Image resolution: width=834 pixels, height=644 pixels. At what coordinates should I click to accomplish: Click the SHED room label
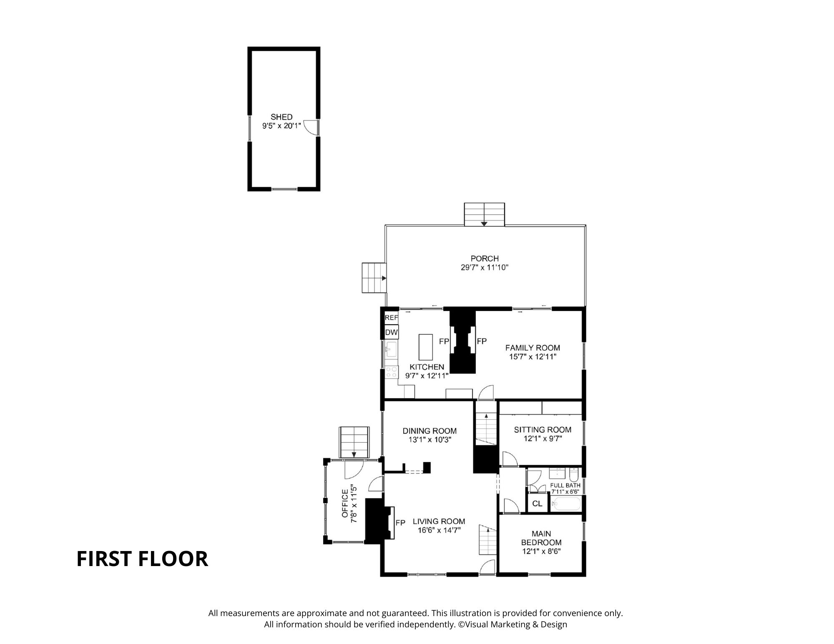281,117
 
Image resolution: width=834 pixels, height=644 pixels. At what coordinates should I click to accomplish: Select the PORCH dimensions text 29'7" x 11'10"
485,268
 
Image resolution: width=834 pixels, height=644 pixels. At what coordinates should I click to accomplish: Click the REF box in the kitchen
392,318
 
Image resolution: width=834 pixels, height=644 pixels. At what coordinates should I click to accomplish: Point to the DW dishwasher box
392,332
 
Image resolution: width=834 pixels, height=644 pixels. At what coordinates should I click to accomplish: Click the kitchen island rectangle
426,347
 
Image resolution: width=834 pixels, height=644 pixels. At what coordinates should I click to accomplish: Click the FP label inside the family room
482,341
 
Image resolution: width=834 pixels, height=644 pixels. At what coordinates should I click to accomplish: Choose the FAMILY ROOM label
533,348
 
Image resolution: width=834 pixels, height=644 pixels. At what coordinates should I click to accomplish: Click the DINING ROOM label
430,431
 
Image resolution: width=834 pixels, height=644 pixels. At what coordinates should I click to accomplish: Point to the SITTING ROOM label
543,430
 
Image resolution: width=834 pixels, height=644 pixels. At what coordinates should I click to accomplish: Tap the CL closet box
537,504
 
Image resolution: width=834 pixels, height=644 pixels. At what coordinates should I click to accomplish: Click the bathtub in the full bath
566,505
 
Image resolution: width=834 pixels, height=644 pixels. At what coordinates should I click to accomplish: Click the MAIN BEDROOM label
541,538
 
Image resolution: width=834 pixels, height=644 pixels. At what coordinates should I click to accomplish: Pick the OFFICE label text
345,503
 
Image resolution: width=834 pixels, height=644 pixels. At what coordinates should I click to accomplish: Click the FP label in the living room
400,523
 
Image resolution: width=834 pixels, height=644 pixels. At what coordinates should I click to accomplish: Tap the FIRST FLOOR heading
142,559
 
